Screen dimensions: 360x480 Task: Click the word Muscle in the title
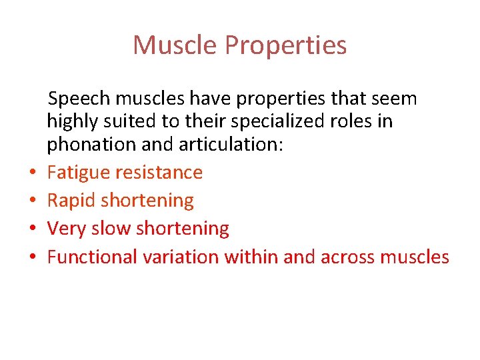point(175,45)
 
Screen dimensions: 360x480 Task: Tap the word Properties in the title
point(285,45)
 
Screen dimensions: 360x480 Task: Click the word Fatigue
point(79,173)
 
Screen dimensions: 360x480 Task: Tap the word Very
point(66,229)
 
